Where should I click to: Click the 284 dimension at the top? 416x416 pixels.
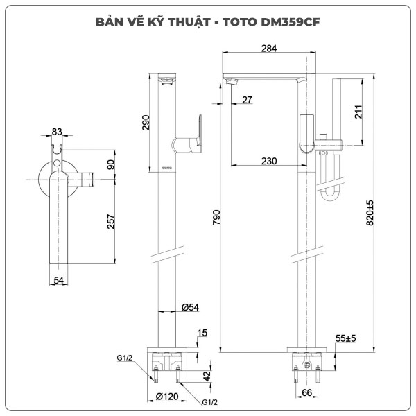coord(270,49)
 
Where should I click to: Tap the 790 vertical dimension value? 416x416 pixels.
coord(216,218)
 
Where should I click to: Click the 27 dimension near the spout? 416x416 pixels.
coord(247,101)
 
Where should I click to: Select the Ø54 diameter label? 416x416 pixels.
coord(191,306)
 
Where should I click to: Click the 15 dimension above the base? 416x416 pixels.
coord(202,333)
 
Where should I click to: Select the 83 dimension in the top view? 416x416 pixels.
coord(57,132)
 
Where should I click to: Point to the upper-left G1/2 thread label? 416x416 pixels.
coord(125,358)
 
